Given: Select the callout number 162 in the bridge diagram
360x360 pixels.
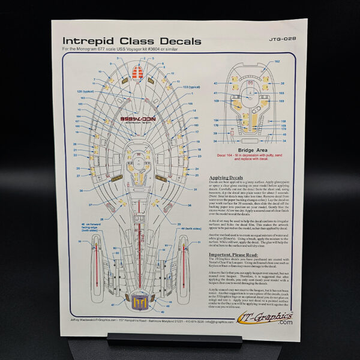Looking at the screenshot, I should click(x=277, y=62).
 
